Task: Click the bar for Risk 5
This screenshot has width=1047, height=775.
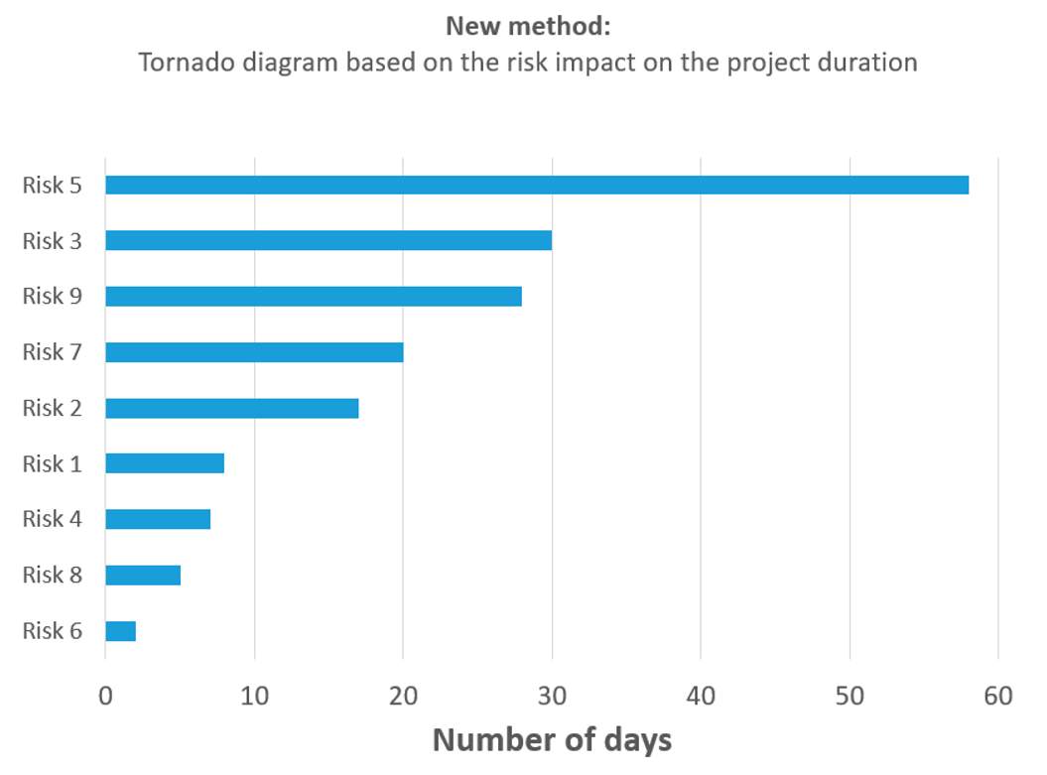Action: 536,185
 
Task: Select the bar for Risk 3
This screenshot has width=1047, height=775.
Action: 327,240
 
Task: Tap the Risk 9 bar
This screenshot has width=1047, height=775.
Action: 313,296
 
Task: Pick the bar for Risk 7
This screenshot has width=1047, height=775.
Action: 254,351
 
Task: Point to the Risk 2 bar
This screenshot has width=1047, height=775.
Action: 231,408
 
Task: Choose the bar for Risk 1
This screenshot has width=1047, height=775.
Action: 165,463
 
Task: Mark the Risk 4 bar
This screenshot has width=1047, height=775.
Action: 158,519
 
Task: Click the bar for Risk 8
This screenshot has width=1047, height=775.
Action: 143,575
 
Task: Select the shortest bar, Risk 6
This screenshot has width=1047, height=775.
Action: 120,631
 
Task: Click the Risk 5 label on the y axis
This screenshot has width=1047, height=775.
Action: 52,186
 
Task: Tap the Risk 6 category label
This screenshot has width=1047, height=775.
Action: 52,631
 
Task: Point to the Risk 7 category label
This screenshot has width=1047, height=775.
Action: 52,352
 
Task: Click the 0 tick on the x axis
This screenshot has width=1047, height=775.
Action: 105,697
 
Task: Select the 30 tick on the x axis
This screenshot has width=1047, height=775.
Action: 552,697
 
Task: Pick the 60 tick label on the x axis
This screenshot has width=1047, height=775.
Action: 998,697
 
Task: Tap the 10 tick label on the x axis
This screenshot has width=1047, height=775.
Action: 254,697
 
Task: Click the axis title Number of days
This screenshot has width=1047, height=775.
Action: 552,740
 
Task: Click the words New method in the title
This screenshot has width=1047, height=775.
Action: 527,26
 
